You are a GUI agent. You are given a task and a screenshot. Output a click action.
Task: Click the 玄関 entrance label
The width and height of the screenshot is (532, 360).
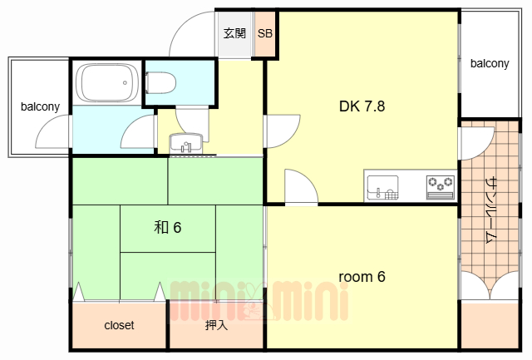[234, 33]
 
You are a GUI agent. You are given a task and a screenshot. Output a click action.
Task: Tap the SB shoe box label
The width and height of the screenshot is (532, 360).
[265, 33]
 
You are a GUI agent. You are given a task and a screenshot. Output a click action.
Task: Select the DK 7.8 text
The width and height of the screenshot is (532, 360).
[362, 106]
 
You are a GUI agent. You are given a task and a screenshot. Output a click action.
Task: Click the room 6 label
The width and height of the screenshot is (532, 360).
[362, 277]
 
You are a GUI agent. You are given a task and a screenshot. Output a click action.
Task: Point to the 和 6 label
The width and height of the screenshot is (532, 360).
[168, 227]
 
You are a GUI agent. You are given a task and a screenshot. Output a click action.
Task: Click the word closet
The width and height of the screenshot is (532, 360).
[119, 325]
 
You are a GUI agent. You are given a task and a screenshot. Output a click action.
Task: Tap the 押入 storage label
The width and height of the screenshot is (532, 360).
[216, 325]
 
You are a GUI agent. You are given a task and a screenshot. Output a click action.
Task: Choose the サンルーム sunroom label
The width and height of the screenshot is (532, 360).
[491, 210]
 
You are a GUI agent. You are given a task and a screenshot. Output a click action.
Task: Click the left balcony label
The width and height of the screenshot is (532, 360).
[40, 106]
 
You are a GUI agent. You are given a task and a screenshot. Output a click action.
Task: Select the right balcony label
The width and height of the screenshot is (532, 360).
[490, 63]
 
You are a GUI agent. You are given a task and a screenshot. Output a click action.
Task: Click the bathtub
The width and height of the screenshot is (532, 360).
[107, 82]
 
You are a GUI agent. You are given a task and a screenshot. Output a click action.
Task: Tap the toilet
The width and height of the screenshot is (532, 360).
[160, 82]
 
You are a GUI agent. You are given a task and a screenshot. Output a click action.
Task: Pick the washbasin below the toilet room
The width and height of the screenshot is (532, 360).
[186, 143]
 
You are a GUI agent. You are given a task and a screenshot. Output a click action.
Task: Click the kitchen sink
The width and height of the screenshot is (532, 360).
[382, 187]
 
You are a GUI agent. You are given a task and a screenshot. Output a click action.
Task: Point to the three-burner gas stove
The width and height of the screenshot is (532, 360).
[441, 187]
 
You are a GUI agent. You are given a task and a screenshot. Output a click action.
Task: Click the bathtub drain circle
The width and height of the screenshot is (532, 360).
[126, 83]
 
